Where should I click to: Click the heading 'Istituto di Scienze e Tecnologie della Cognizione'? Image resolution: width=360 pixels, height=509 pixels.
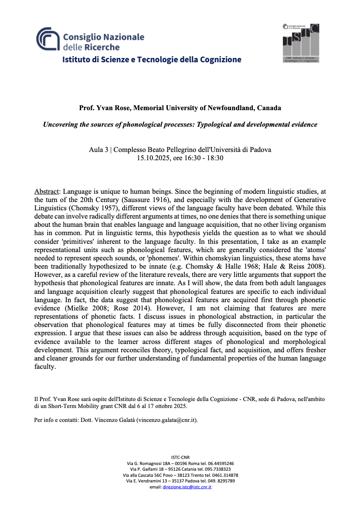point(152,59)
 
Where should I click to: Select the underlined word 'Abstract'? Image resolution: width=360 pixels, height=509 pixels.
point(46,192)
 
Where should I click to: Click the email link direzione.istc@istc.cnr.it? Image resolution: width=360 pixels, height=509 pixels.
point(187,487)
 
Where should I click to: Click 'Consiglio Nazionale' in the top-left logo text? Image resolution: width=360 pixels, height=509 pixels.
point(104,37)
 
